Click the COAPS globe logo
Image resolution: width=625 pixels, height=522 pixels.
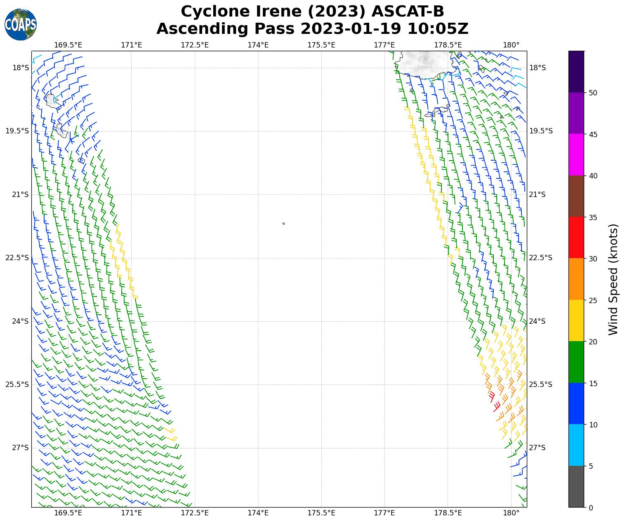(20, 25)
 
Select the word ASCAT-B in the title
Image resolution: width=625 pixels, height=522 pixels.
(408, 12)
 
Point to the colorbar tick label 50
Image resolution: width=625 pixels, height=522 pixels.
(593, 93)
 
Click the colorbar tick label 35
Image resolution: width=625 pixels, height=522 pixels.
(593, 217)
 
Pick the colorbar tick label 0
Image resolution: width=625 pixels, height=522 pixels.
(591, 508)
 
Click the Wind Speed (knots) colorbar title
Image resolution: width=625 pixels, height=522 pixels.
(614, 280)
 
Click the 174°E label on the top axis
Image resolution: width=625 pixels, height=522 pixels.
(258, 45)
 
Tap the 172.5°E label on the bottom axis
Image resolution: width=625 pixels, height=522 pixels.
(195, 513)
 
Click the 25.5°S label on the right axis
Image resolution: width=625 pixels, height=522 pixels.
(540, 384)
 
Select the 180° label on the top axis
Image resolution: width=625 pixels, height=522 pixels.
(511, 45)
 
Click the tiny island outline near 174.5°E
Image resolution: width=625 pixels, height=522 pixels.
(283, 223)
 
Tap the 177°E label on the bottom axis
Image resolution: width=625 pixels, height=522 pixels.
(384, 513)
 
